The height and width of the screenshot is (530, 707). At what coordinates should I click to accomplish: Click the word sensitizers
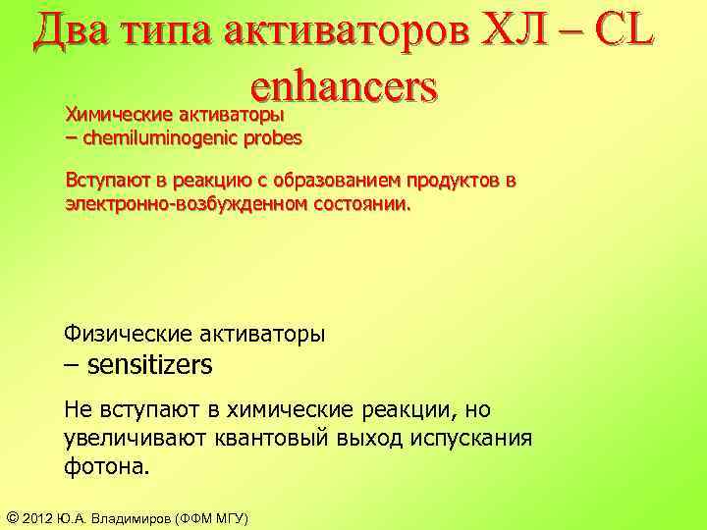[149, 365]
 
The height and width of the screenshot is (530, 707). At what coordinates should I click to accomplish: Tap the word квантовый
[258, 437]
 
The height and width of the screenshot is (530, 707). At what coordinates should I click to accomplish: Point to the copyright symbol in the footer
[13, 517]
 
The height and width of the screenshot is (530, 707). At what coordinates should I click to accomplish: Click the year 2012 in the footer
[40, 517]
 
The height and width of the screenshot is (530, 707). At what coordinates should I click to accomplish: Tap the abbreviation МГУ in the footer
[225, 517]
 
